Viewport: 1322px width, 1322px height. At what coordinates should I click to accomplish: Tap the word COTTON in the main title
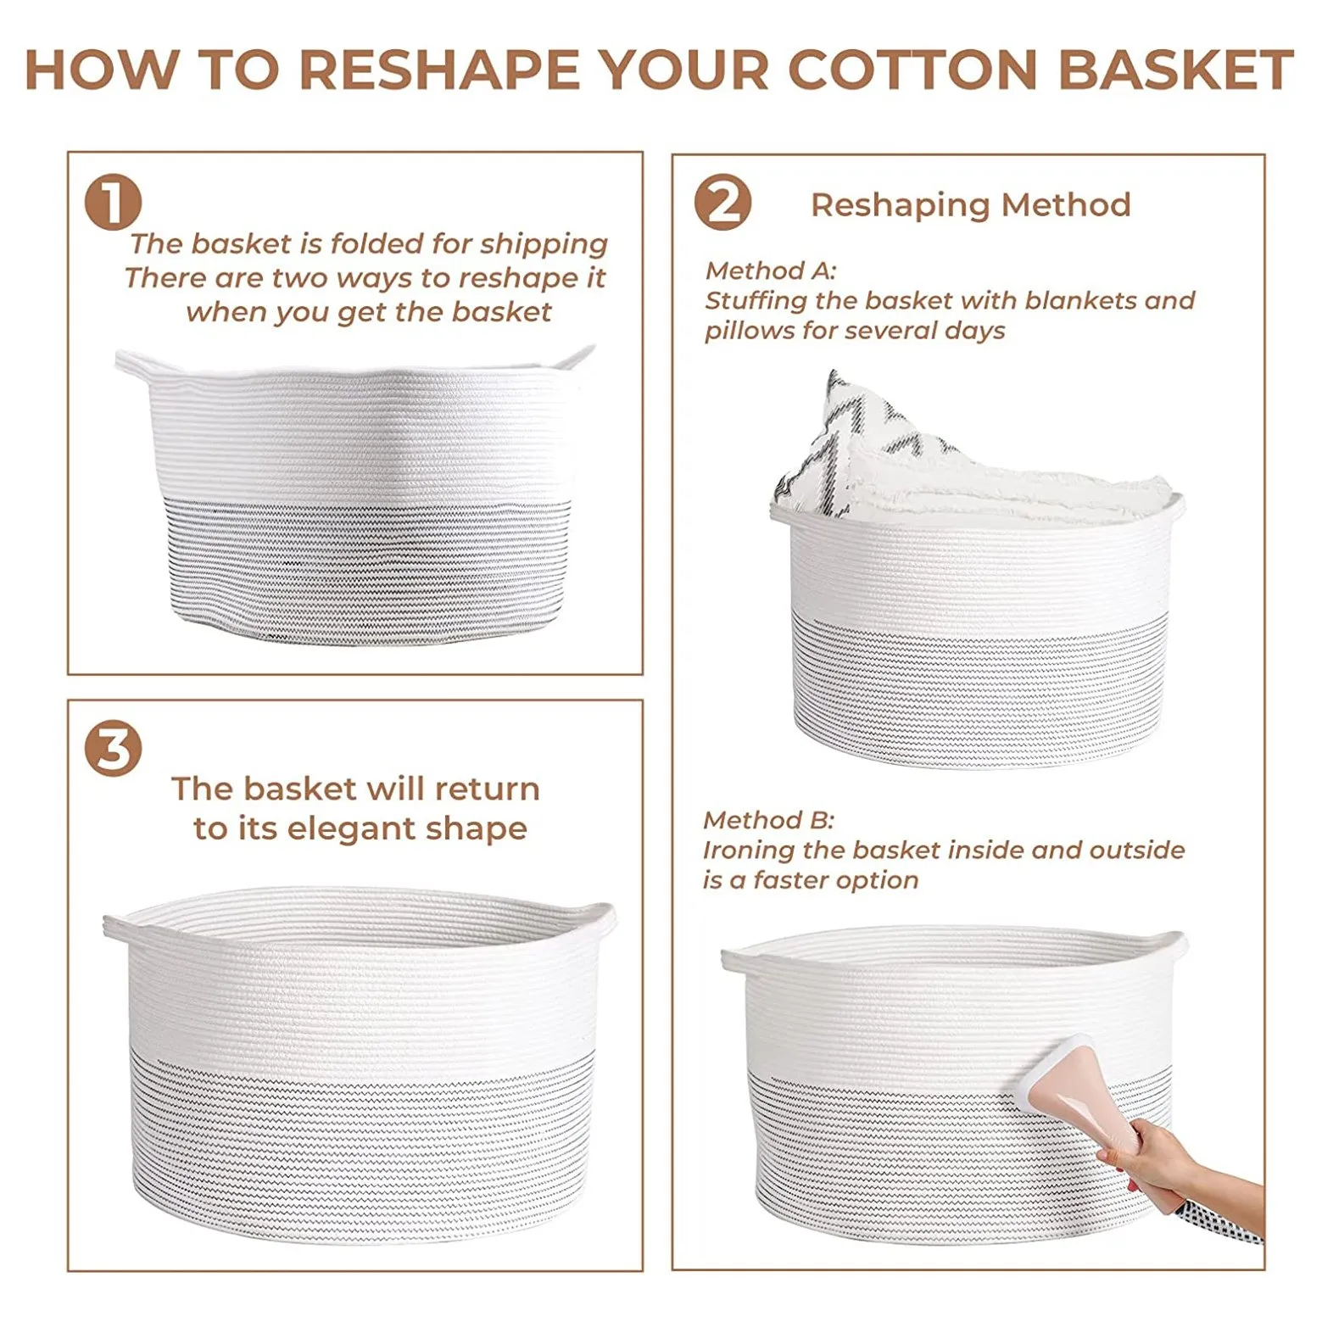click(912, 70)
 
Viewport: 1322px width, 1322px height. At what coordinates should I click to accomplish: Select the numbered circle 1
click(113, 203)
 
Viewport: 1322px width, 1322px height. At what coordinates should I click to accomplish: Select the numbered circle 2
click(722, 203)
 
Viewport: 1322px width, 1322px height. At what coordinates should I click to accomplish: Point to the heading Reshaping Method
click(971, 205)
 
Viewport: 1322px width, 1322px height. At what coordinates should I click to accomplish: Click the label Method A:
click(771, 271)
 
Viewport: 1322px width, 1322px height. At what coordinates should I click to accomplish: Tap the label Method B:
click(769, 820)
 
